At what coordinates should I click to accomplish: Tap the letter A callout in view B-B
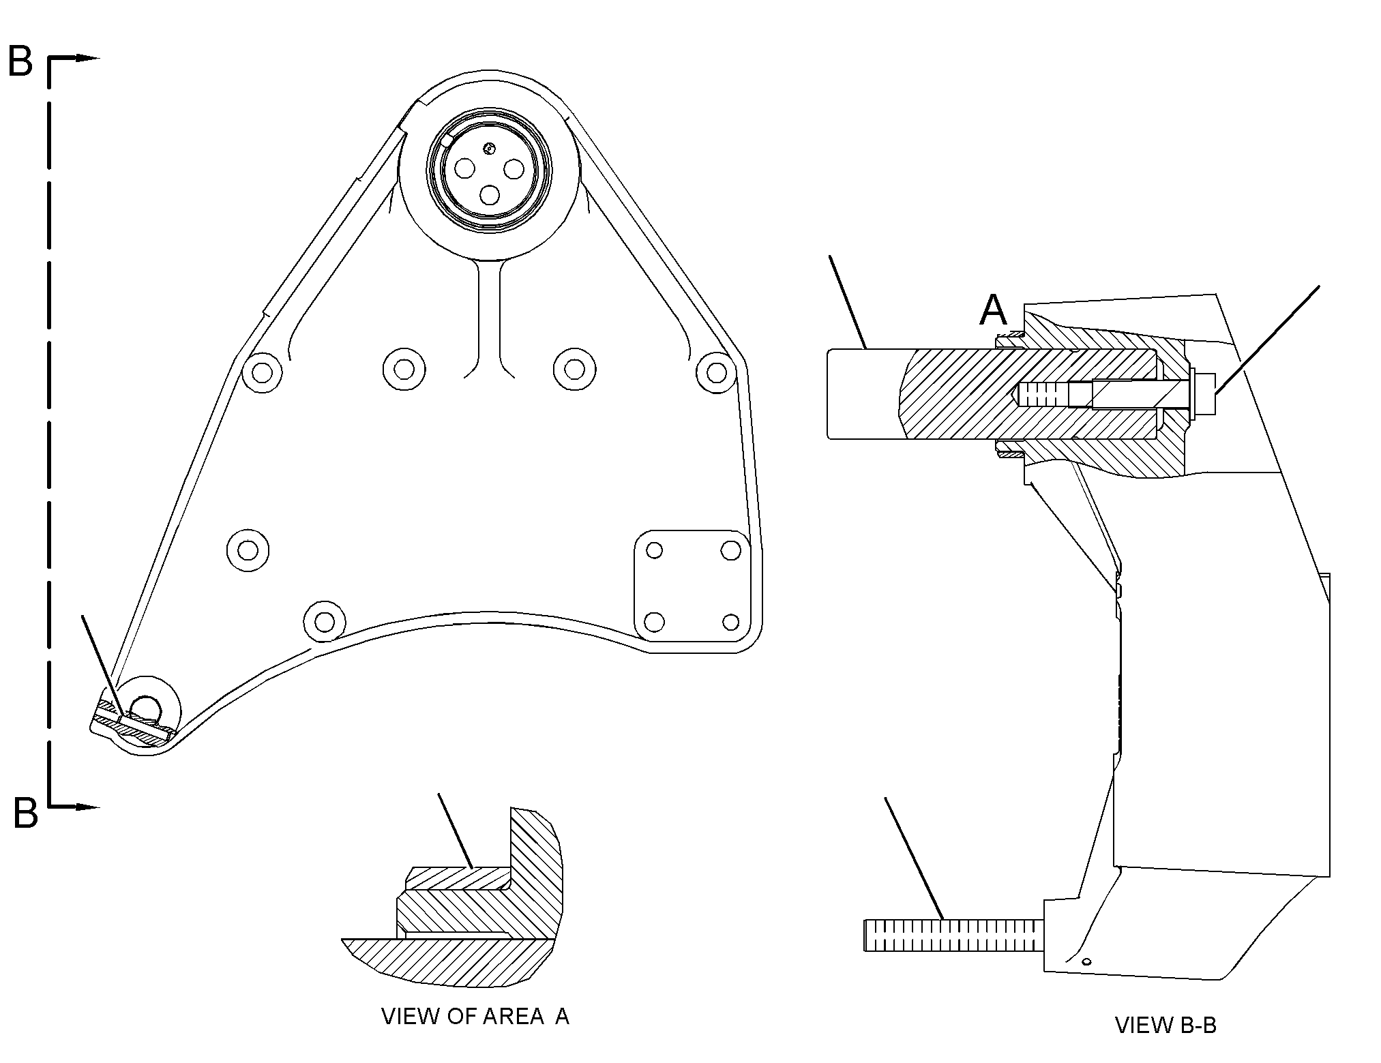click(x=993, y=310)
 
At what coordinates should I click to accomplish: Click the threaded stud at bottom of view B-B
click(x=954, y=935)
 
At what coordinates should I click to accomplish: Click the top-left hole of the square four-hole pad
click(x=654, y=550)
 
